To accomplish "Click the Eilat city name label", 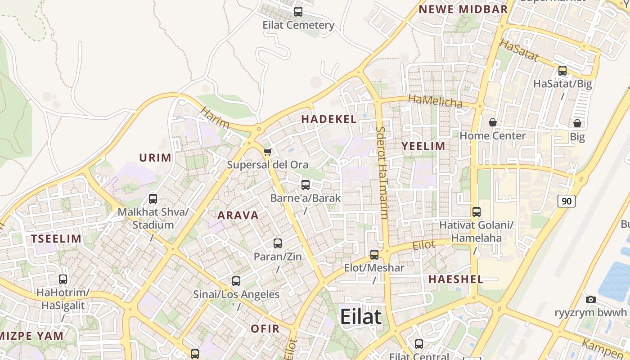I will pyautogui.click(x=360, y=316).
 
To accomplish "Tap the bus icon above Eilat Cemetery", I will pyautogui.click(x=298, y=12).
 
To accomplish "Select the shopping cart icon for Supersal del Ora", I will pyautogui.click(x=268, y=152).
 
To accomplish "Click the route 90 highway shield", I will pyautogui.click(x=567, y=201).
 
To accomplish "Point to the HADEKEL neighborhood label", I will pyautogui.click(x=329, y=119).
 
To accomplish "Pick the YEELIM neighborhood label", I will pyautogui.click(x=423, y=146).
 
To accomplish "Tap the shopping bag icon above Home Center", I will pyautogui.click(x=493, y=122).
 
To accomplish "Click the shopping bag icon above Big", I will pyautogui.click(x=577, y=123).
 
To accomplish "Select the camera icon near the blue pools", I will pyautogui.click(x=591, y=299).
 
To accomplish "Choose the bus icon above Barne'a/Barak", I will pyautogui.click(x=306, y=184).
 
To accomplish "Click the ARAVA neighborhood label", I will pyautogui.click(x=238, y=216).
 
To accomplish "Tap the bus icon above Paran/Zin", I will pyautogui.click(x=278, y=243).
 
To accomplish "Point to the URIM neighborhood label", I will pyautogui.click(x=155, y=158).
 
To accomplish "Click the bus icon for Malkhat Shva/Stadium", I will pyautogui.click(x=153, y=198).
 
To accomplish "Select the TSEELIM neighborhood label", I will pyautogui.click(x=56, y=239).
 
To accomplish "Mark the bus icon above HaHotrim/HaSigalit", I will pyautogui.click(x=63, y=279).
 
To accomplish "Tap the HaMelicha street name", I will pyautogui.click(x=435, y=101).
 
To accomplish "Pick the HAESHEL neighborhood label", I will pyautogui.click(x=456, y=279).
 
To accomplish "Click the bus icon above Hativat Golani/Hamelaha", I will pyautogui.click(x=477, y=211).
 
